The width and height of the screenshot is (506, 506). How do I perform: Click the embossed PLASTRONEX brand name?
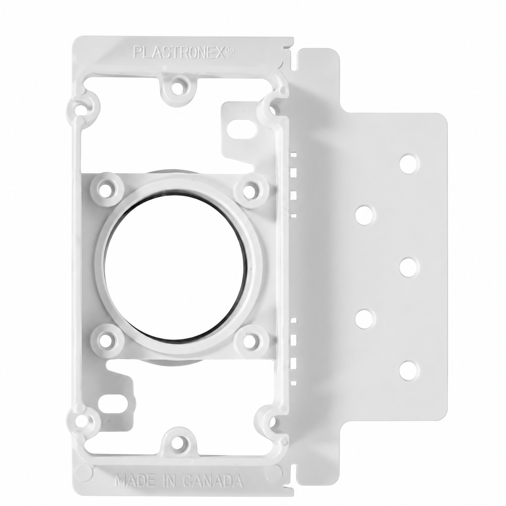pos(179,52)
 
